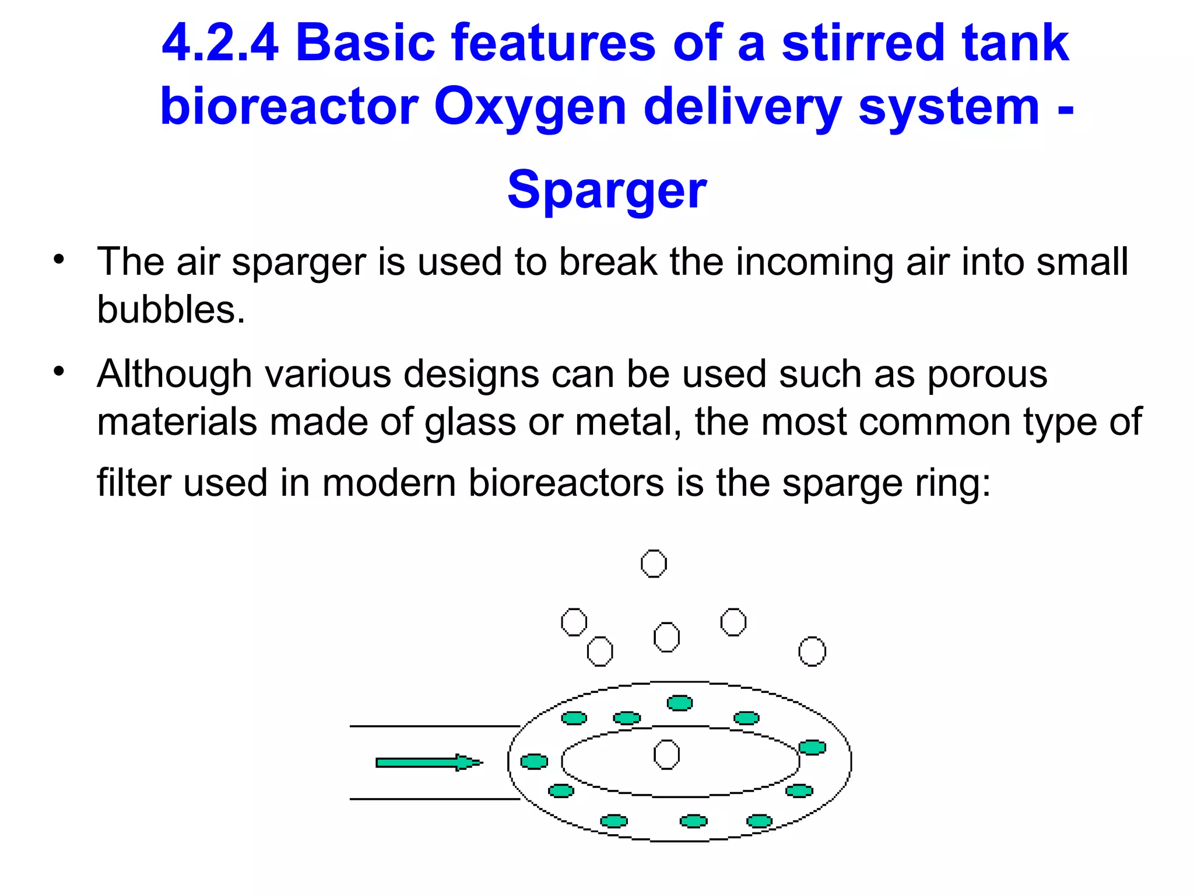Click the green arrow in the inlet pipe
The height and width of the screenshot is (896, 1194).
(x=429, y=762)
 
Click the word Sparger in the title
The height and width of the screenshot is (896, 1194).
(x=606, y=190)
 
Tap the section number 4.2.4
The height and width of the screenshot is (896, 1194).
(x=220, y=43)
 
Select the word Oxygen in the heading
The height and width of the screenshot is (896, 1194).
(x=529, y=107)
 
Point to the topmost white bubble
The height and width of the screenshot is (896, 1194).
(x=654, y=563)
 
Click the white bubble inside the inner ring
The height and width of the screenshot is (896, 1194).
(x=666, y=755)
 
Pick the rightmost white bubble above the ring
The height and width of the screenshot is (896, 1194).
(x=812, y=651)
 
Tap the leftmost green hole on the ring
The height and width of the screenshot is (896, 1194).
(x=534, y=761)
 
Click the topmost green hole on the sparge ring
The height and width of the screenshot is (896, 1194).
(x=680, y=703)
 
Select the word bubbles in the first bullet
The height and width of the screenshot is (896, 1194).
(x=170, y=309)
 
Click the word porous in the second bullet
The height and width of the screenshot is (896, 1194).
(x=987, y=374)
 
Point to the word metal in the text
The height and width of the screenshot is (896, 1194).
(x=627, y=422)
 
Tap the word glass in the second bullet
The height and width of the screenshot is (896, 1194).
(x=470, y=422)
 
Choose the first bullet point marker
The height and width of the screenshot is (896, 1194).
(x=58, y=259)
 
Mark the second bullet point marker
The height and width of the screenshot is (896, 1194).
(x=58, y=371)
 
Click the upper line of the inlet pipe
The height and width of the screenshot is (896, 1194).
(x=434, y=726)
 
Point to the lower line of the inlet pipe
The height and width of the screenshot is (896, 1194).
(x=434, y=799)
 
